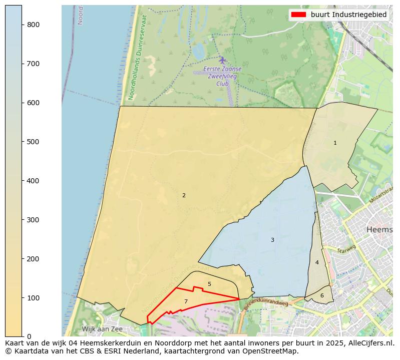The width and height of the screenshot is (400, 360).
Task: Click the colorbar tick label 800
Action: (33, 25)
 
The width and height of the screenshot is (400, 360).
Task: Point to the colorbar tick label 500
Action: (33, 142)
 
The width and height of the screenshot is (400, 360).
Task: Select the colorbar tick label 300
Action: (33, 220)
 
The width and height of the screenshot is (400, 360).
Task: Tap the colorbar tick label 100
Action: (33, 298)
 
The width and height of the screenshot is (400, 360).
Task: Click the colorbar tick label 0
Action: (29, 336)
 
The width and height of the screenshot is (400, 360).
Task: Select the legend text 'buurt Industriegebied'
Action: (348, 15)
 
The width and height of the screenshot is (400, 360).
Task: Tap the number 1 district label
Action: (335, 143)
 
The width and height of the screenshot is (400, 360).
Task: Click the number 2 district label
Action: (184, 195)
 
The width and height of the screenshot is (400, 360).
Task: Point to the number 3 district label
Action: (272, 240)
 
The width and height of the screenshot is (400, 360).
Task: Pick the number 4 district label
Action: (317, 262)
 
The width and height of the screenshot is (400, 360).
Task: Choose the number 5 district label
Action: (209, 284)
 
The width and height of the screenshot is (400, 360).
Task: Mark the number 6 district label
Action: (322, 295)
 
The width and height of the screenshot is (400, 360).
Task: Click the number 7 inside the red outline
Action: (186, 301)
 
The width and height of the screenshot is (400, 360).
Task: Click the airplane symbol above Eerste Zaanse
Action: (222, 60)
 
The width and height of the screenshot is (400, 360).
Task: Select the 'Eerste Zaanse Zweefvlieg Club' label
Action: (222, 76)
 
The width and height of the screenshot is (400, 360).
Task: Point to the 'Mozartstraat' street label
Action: (381, 194)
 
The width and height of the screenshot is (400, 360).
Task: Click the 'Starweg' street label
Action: (346, 249)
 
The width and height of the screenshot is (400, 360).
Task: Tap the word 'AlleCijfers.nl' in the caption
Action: (370, 343)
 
